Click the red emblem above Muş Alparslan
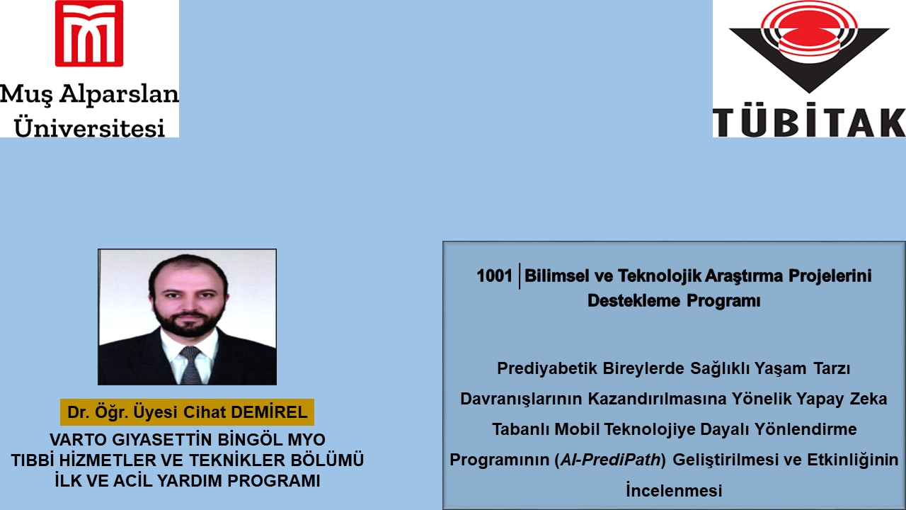pos(89,33)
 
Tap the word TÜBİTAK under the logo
pos(808,122)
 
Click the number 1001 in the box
pos(494,276)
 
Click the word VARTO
pos(76,439)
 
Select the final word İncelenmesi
pos(674,490)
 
